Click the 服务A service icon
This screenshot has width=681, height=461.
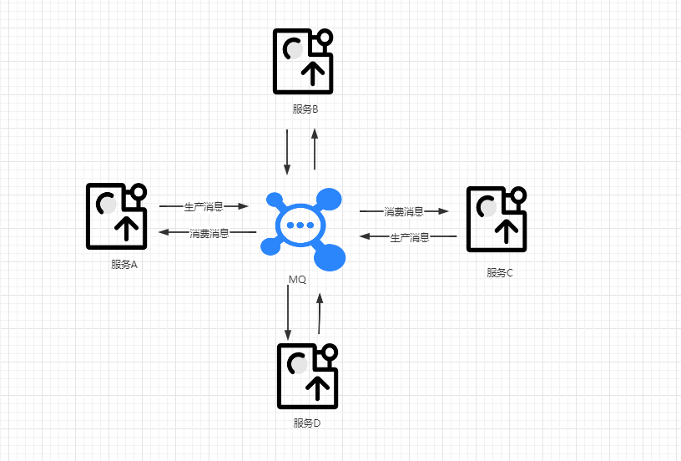pos(117,216)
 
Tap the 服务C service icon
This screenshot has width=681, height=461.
pos(497,219)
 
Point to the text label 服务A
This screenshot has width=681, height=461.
pos(124,265)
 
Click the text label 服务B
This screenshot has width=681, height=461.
pos(305,109)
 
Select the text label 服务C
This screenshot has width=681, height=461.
pos(500,272)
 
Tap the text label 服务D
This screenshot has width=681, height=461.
pos(307,423)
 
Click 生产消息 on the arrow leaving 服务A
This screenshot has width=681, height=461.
pos(204,205)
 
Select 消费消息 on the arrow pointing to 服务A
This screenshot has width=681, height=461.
pos(209,232)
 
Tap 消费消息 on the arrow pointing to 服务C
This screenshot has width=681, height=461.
pos(404,212)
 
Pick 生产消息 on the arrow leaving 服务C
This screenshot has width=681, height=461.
pos(410,237)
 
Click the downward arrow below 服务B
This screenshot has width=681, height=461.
pos(287,151)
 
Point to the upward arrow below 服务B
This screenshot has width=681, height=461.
pos(315,149)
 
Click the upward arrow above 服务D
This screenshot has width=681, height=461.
pos(319,313)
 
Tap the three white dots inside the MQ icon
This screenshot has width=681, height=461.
pos(300,225)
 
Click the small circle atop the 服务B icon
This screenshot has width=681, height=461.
pos(325,38)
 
